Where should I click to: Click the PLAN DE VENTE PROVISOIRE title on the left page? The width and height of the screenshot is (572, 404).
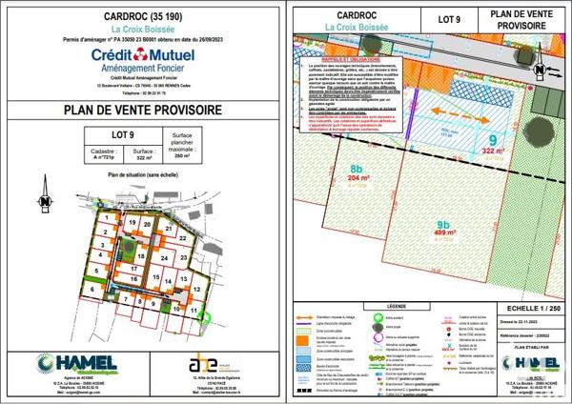(x=142, y=111)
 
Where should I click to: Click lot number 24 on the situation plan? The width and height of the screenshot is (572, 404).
(x=163, y=258)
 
